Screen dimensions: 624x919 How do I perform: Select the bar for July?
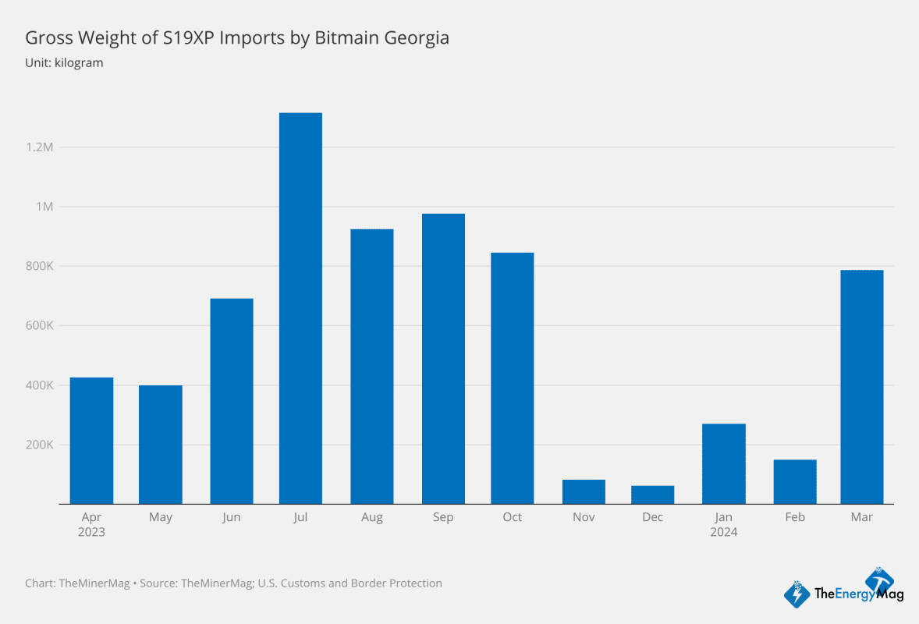pos(300,308)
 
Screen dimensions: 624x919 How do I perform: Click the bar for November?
pos(584,491)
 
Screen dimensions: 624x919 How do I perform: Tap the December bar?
pos(652,495)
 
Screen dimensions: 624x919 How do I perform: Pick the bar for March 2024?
pos(861,386)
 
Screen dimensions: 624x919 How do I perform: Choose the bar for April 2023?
pos(91,441)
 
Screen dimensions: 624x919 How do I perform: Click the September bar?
pos(443,359)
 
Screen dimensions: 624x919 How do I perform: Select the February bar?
pos(795,481)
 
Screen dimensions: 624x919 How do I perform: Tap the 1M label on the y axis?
pos(43,207)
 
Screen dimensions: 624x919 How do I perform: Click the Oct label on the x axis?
pos(513,518)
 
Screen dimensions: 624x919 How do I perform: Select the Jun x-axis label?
pos(231,518)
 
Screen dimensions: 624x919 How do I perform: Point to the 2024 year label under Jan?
pos(723,532)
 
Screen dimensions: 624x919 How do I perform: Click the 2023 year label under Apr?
pos(91,532)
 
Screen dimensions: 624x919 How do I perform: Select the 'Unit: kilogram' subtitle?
pos(64,62)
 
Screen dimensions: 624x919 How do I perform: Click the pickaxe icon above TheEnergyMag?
pos(884,580)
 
